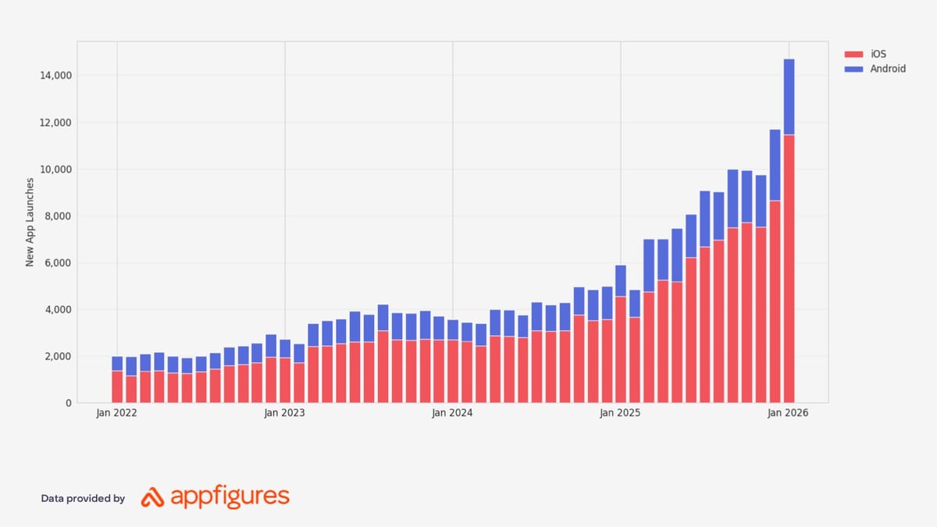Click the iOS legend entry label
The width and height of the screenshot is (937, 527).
pyautogui.click(x=878, y=54)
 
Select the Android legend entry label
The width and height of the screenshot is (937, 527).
pyautogui.click(x=888, y=69)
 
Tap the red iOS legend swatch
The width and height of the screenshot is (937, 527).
pyautogui.click(x=853, y=54)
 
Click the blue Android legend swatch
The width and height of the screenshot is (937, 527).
pyautogui.click(x=853, y=69)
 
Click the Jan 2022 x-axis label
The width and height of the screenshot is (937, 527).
pyautogui.click(x=116, y=414)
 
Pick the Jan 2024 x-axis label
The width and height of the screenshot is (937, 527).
pyautogui.click(x=452, y=414)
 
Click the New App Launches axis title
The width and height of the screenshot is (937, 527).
pyautogui.click(x=30, y=223)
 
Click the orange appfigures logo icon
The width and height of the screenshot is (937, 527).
pyautogui.click(x=151, y=497)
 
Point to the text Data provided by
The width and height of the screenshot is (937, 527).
pyautogui.click(x=83, y=498)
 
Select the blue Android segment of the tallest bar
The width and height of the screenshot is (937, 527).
pyautogui.click(x=789, y=97)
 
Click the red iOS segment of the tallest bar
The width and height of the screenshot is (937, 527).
pyautogui.click(x=789, y=269)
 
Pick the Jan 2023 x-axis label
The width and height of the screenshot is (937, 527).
pyautogui.click(x=284, y=414)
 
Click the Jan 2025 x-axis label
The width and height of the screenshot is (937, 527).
pyautogui.click(x=620, y=414)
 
